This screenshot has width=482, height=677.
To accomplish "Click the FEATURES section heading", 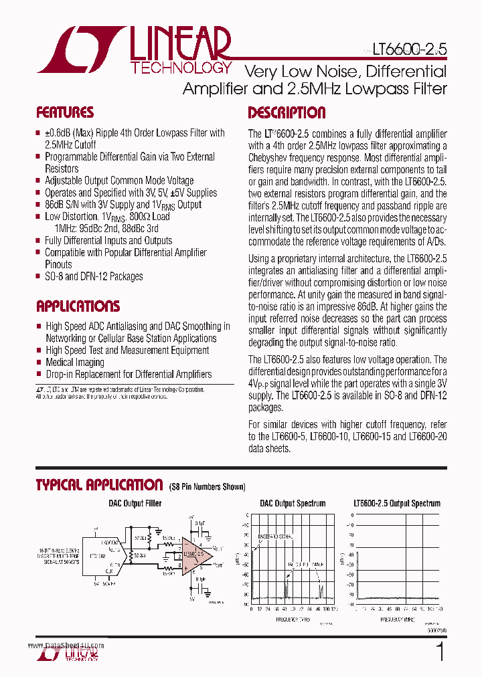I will (64, 112).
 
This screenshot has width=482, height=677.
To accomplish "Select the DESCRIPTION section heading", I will (287, 112).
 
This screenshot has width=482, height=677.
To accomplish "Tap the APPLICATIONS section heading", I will (78, 306).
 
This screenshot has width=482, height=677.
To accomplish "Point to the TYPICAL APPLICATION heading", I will (99, 485).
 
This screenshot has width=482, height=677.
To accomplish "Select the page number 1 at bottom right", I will (440, 652).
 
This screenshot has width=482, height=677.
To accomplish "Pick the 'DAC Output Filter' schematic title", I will (135, 504).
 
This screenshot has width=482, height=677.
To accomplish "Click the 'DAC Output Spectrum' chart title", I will (293, 504).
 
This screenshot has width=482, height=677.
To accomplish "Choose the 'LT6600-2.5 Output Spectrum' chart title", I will (397, 504).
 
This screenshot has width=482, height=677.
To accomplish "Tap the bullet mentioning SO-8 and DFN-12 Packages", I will (93, 276).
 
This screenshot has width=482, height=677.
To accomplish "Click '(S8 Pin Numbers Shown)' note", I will (207, 487).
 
